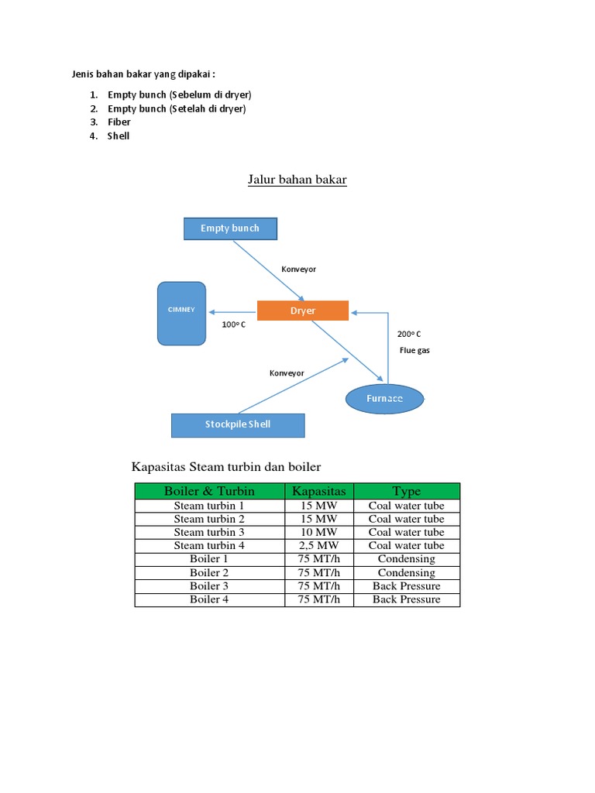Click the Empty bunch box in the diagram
click(230, 228)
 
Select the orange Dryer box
click(303, 311)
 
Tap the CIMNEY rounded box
click(181, 314)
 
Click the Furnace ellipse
click(384, 399)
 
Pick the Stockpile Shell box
click(238, 425)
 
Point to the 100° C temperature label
click(234, 324)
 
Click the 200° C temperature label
click(409, 335)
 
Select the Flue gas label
click(414, 351)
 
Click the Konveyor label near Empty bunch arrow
click(298, 269)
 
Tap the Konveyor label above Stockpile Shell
click(287, 373)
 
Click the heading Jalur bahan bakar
click(297, 180)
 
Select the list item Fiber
click(119, 122)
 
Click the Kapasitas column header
click(319, 491)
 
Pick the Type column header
click(407, 491)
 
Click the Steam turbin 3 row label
click(209, 532)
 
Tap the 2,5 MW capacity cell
click(318, 546)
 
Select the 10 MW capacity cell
click(318, 532)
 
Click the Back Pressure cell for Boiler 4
click(407, 599)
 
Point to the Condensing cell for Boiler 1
click(407, 559)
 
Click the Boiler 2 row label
click(209, 572)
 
